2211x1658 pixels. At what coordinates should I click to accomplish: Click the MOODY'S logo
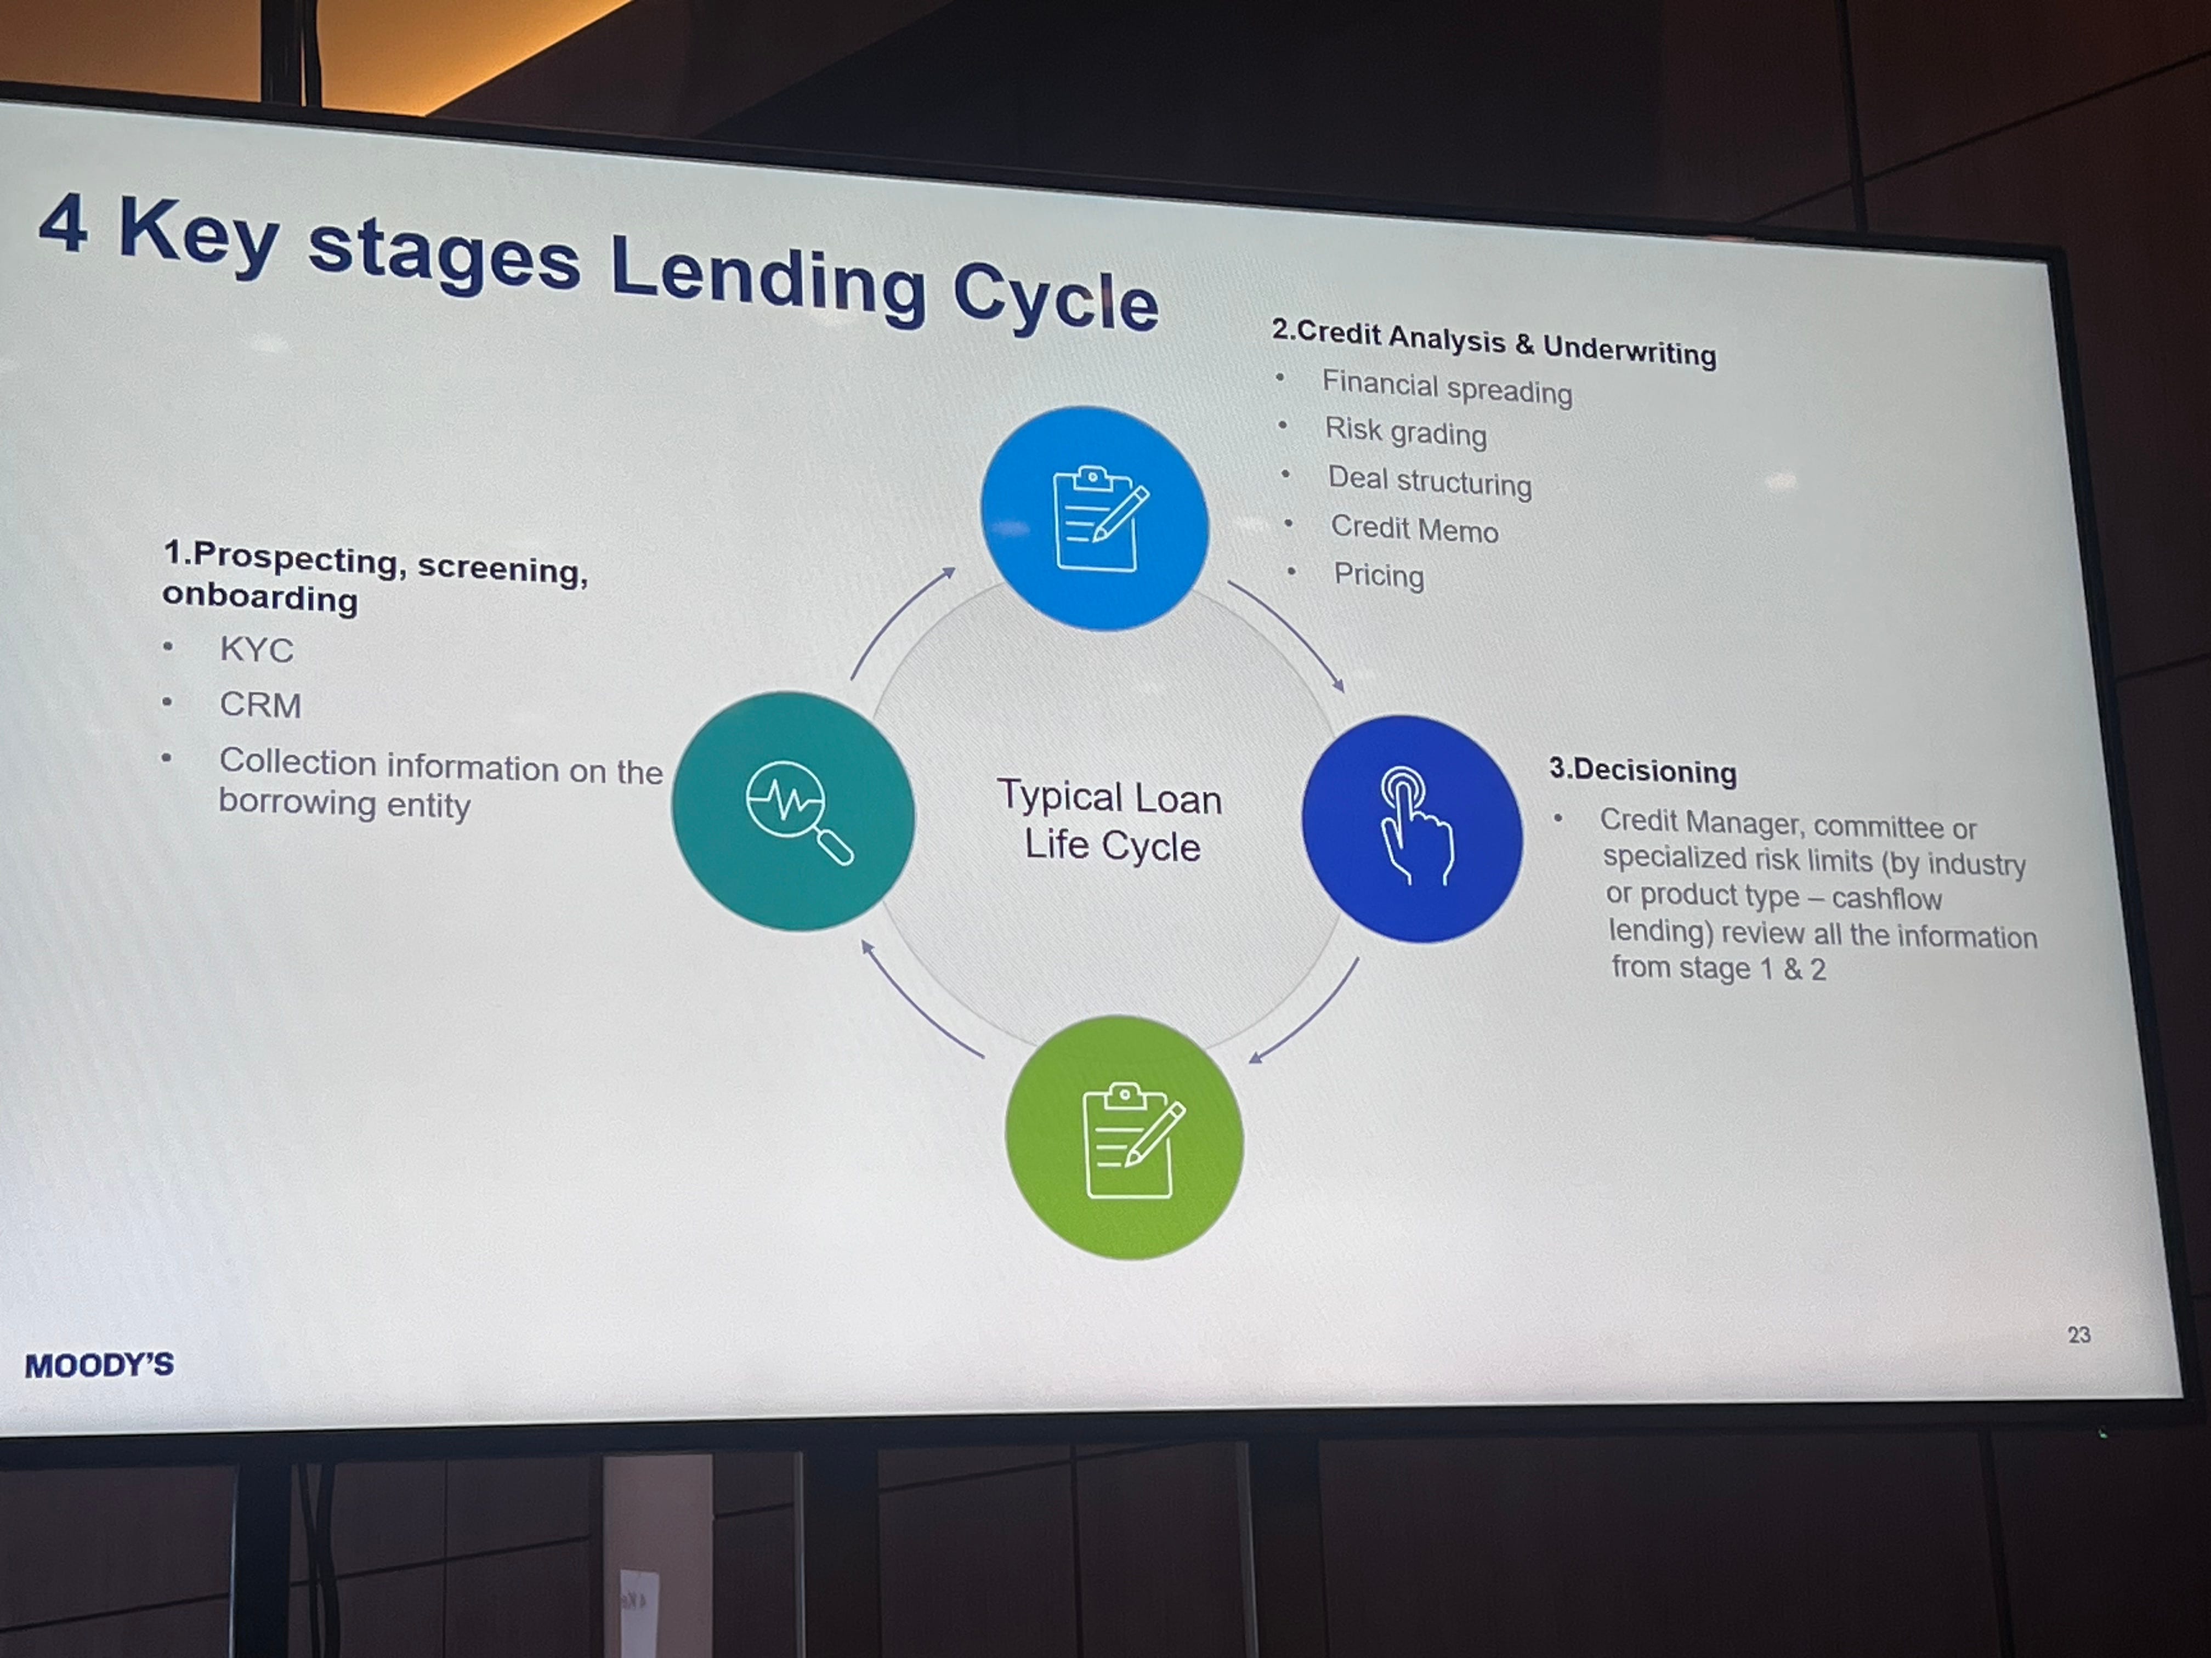99,1364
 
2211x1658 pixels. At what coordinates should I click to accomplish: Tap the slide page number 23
2078,1334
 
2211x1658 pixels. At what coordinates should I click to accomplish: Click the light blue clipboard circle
1095,518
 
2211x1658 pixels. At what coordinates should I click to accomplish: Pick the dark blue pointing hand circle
1411,828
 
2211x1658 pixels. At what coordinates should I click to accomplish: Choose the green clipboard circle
1125,1137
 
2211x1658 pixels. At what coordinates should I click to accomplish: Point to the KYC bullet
257,650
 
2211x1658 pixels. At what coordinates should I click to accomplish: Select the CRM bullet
260,705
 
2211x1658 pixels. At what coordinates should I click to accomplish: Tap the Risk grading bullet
1405,431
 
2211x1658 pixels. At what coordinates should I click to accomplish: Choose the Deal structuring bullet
1430,481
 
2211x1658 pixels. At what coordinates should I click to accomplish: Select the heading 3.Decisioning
1642,770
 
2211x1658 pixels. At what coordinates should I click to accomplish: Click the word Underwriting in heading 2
1629,350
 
